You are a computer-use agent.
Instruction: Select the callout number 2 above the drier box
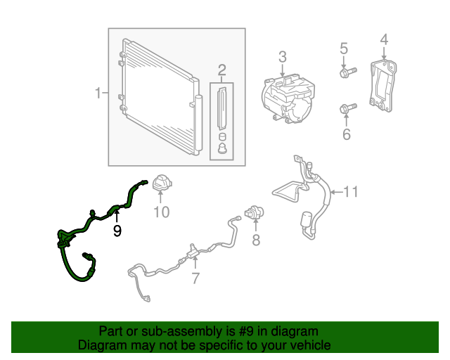[x=221, y=70]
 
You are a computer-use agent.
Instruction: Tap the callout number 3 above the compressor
[x=282, y=57]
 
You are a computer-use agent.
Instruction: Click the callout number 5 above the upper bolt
[x=344, y=49]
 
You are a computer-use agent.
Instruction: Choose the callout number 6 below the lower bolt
[x=346, y=134]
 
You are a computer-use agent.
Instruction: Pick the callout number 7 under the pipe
[x=195, y=279]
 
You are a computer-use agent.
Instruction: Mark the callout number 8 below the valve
[x=256, y=241]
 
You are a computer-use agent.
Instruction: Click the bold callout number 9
[x=117, y=229]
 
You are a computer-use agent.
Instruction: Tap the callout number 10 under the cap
[x=162, y=212]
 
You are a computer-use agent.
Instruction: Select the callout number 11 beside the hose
[x=351, y=191]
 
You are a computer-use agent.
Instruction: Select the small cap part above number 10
[x=162, y=184]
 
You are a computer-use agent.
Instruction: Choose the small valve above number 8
[x=253, y=213]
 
